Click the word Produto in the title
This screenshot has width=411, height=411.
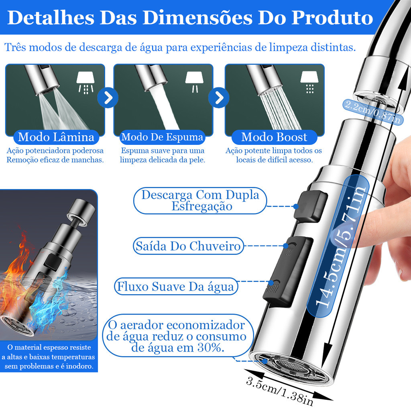(332, 18)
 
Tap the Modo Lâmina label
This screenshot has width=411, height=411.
(56, 137)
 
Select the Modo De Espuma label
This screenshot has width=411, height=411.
(162, 137)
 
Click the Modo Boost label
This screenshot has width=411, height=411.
(274, 137)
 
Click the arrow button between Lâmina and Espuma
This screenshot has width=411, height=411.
(108, 98)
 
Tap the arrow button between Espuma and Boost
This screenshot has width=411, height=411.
(219, 98)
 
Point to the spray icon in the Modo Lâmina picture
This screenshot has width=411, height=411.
(85, 83)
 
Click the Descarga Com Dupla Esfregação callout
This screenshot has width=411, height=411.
(200, 201)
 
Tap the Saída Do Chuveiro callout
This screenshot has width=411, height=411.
(188, 246)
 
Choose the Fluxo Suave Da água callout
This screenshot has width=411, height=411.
(176, 286)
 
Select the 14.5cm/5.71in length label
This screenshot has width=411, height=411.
(338, 246)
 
